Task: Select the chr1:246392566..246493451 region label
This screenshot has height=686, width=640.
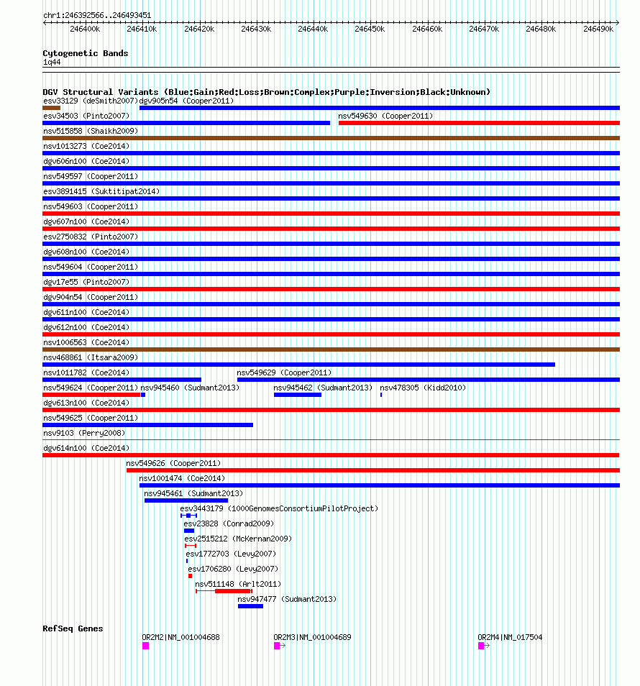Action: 97,15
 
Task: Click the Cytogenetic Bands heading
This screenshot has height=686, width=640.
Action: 85,53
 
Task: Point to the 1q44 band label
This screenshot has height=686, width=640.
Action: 52,62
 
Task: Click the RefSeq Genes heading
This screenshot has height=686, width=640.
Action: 73,628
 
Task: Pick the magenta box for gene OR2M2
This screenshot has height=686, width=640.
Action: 145,646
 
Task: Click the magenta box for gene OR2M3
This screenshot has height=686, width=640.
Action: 277,646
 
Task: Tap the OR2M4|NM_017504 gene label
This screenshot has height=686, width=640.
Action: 510,637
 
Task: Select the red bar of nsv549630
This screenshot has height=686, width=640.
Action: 478,123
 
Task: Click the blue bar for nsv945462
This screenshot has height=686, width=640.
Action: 297,395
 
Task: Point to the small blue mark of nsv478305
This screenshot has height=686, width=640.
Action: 381,395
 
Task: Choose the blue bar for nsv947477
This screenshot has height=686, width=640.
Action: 250,606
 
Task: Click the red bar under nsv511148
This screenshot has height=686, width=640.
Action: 233,591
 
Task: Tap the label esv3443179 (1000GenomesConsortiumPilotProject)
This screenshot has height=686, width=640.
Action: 278,508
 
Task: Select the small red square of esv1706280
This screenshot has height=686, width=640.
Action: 190,576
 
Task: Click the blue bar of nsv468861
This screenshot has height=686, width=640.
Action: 298,365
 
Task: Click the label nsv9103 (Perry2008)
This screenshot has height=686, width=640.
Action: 83,433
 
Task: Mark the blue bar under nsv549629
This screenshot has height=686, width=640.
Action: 428,380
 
